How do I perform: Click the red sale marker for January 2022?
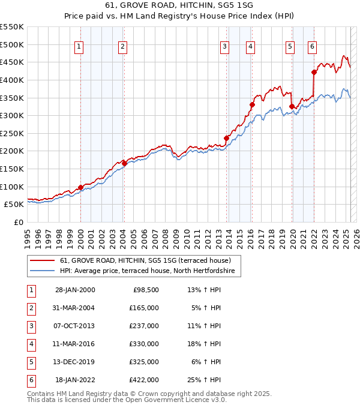[x=314, y=73]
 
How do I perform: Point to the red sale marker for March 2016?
[x=252, y=104]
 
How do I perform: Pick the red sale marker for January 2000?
[x=80, y=187]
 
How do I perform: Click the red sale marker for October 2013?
[x=226, y=138]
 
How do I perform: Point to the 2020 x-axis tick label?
[x=292, y=236]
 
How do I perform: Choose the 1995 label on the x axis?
[x=27, y=236]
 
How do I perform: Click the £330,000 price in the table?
[x=144, y=344]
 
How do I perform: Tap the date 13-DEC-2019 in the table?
[x=74, y=362]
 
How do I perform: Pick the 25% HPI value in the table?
[x=204, y=380]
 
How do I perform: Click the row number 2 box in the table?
[x=29, y=308]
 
